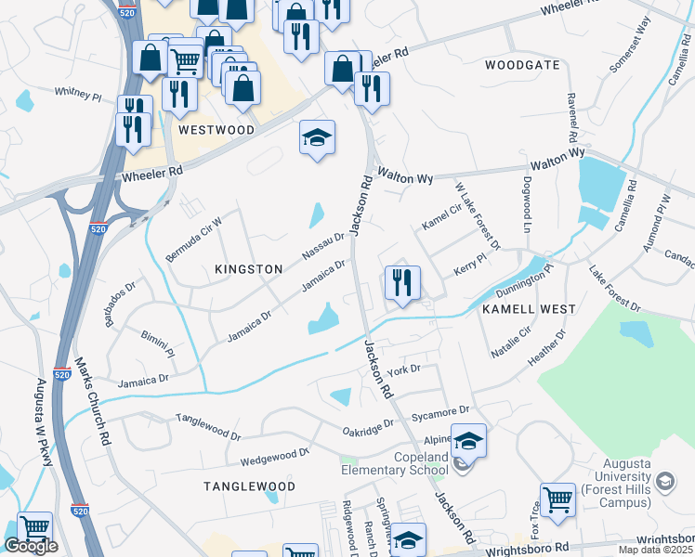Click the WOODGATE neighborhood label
point(522,65)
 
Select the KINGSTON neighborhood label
point(248,269)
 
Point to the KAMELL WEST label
point(528,308)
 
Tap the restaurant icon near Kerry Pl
point(402,282)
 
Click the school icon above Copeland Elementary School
point(468,440)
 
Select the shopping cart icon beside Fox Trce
point(557,499)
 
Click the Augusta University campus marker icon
point(664,480)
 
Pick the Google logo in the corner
point(31,546)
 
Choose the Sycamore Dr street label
point(446,409)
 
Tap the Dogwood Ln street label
point(527,205)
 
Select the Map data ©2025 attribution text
point(656,550)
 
